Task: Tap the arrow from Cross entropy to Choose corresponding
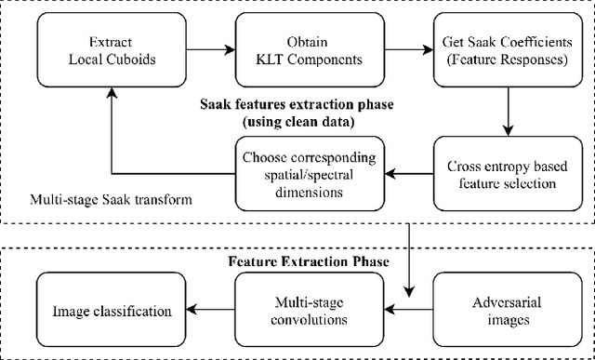pos(402,172)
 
